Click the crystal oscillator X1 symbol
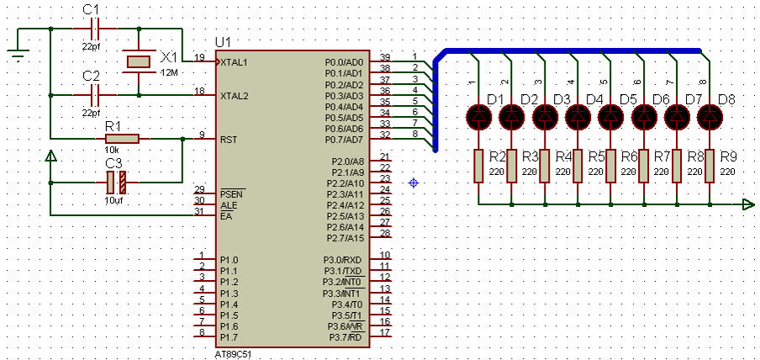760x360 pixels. pyautogui.click(x=139, y=61)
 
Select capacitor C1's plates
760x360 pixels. pyautogui.click(x=95, y=29)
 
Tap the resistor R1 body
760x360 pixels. pyautogui.click(x=122, y=140)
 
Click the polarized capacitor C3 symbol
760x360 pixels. pyautogui.click(x=116, y=183)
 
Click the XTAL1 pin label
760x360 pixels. pyautogui.click(x=234, y=62)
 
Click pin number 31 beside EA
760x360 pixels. pyautogui.click(x=199, y=211)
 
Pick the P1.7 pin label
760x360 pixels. pyautogui.click(x=229, y=337)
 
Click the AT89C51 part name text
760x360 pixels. pyautogui.click(x=233, y=355)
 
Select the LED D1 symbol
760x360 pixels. pyautogui.click(x=478, y=116)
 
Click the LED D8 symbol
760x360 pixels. pyautogui.click(x=710, y=116)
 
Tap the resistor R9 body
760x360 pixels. pyautogui.click(x=710, y=166)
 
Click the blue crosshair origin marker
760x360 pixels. pyautogui.click(x=414, y=183)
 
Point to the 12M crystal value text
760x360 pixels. pyautogui.click(x=168, y=72)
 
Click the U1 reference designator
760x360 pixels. pyautogui.click(x=224, y=42)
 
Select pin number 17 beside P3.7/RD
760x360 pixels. pyautogui.click(x=385, y=333)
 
